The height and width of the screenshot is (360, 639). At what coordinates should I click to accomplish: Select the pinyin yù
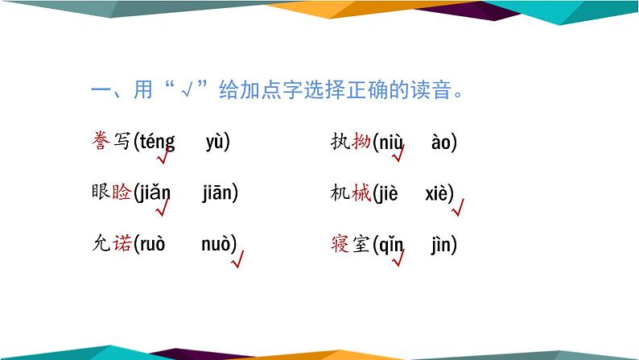tap(215, 143)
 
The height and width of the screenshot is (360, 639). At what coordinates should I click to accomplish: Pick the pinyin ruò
tap(151, 244)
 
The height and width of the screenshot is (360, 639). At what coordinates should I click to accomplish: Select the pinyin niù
tap(391, 143)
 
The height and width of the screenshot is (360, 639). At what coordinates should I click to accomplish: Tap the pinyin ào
tap(442, 143)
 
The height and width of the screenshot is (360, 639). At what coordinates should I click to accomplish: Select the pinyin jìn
tap(443, 244)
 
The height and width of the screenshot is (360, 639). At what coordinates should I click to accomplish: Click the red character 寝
tap(340, 244)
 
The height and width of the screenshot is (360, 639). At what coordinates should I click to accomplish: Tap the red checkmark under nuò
tap(237, 260)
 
